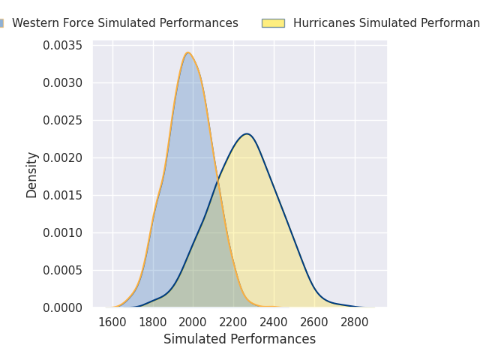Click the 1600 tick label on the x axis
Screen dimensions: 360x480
pyautogui.click(x=112, y=322)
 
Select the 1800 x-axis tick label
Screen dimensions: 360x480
pyautogui.click(x=153, y=322)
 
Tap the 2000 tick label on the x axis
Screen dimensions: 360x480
pyautogui.click(x=193, y=322)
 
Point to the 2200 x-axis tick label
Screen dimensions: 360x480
pyautogui.click(x=233, y=322)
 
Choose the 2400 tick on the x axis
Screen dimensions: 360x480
pyautogui.click(x=274, y=322)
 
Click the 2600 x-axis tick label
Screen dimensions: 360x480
pyautogui.click(x=314, y=322)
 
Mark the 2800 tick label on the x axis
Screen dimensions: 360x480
pyautogui.click(x=355, y=322)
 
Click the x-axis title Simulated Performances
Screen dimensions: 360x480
pyautogui.click(x=239, y=339)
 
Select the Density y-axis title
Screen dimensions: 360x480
pyautogui.click(x=32, y=175)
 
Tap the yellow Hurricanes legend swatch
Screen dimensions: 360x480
pyautogui.click(x=273, y=23)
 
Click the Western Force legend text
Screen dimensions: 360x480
pyautogui.click(x=124, y=23)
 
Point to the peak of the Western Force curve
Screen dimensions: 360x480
pyautogui.click(x=188, y=52)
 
